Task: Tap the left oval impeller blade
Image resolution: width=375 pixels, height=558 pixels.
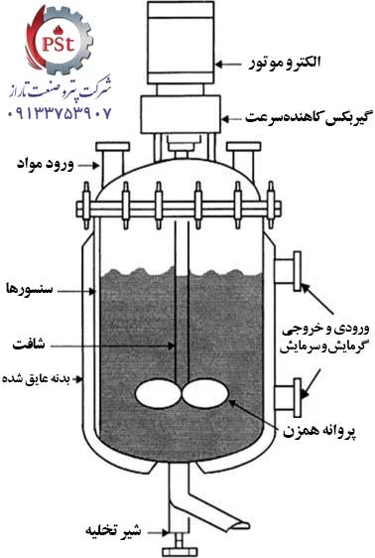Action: pos(155,394)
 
